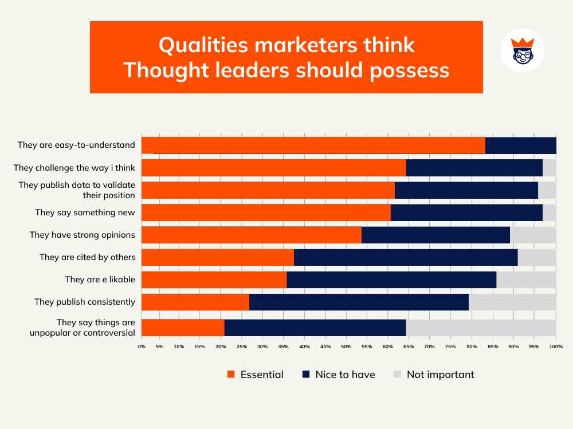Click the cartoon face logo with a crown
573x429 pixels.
522,50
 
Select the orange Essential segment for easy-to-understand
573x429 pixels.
313,145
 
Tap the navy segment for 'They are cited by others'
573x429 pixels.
406,257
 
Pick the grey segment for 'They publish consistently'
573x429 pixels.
512,302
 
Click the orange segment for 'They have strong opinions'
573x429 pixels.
252,235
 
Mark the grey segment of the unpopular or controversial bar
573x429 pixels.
481,328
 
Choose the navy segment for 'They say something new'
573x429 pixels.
466,212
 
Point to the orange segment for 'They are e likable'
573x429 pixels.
214,280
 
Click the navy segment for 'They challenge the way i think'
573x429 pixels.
474,168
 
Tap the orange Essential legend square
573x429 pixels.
231,375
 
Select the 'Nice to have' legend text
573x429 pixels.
345,375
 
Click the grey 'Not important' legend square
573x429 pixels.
397,375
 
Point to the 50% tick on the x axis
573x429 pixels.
346,347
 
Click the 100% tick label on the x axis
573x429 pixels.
555,347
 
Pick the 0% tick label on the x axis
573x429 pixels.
142,347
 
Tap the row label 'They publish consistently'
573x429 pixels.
85,302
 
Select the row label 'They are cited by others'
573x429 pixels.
87,257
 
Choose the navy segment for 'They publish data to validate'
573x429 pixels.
466,190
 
